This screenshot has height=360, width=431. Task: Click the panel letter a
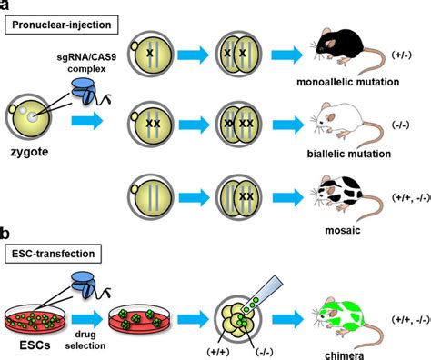click(x=6, y=7)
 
